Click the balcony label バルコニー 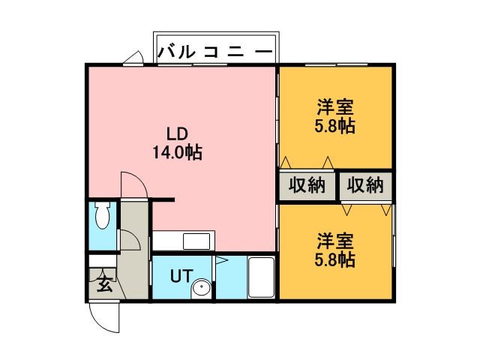pyautogui.click(x=215, y=52)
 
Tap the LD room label pyautogui.click(x=177, y=133)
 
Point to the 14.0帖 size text pyautogui.click(x=177, y=151)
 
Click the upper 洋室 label pyautogui.click(x=335, y=106)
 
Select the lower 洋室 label pyautogui.click(x=335, y=241)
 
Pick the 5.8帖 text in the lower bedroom pyautogui.click(x=335, y=259)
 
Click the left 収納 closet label pyautogui.click(x=307, y=185)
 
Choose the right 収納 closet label pyautogui.click(x=365, y=185)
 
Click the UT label pyautogui.click(x=181, y=275)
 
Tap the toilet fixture pyautogui.click(x=102, y=215)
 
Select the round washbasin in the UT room pyautogui.click(x=201, y=288)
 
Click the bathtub pyautogui.click(x=261, y=277)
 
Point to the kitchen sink pyautogui.click(x=196, y=241)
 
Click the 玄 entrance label pyautogui.click(x=105, y=284)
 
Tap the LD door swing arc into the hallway pyautogui.click(x=139, y=181)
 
